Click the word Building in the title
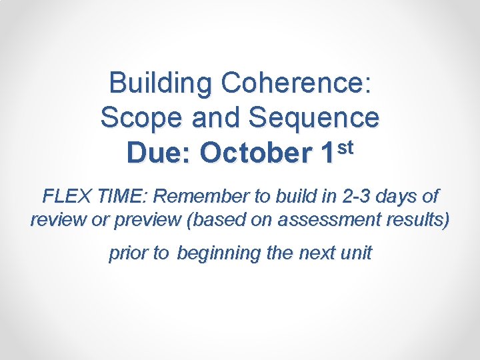pos(160,84)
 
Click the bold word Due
pos(159,153)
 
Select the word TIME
pos(119,197)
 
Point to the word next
pos(317,253)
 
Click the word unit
pos(356,253)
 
